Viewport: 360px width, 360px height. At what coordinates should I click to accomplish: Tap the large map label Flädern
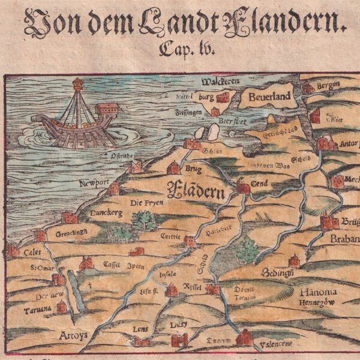coord(196,192)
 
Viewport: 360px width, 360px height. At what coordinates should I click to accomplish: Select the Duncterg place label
coord(105,212)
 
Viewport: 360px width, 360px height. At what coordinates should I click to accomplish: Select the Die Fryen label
coord(146,203)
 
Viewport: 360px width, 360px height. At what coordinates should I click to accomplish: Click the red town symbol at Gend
coord(242,188)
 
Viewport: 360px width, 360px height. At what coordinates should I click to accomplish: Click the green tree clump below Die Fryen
coord(143,221)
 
